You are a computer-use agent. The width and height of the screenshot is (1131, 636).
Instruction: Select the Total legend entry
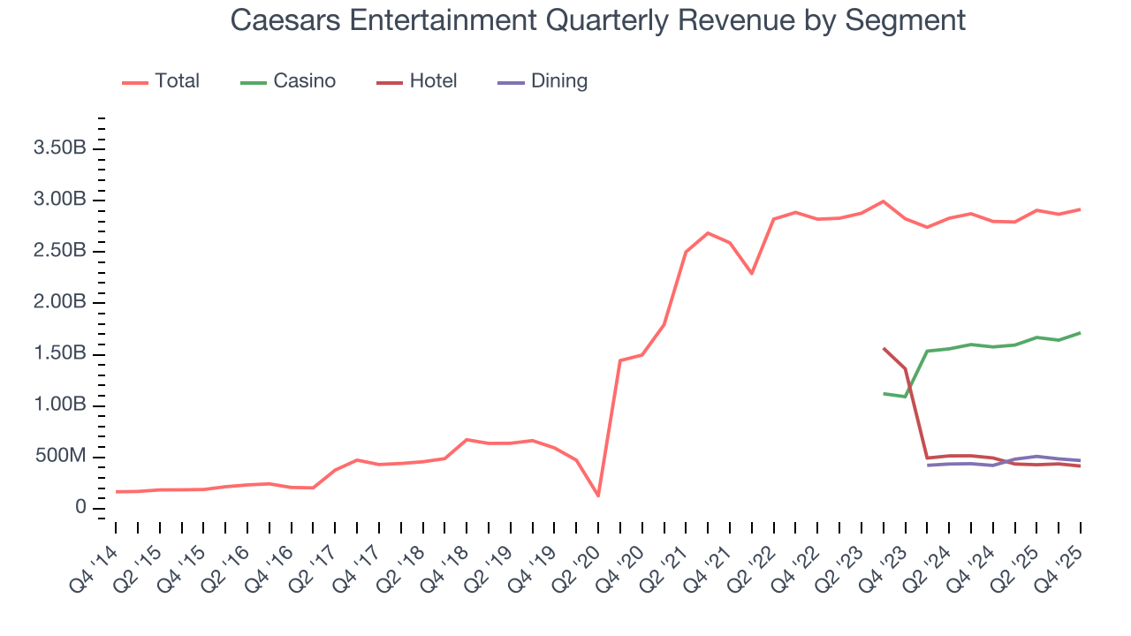(162, 81)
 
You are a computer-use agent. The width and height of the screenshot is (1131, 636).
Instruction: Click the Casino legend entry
(289, 81)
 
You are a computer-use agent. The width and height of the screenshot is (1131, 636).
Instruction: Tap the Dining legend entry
(543, 81)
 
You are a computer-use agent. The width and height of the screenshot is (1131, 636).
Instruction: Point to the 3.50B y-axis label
(59, 148)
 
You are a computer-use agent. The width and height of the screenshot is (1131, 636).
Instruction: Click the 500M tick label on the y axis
(59, 457)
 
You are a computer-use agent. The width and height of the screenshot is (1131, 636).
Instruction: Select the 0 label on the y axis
(80, 508)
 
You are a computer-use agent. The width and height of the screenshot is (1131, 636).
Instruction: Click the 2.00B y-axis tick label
(59, 303)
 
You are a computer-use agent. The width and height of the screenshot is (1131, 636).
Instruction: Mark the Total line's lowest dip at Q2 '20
(598, 496)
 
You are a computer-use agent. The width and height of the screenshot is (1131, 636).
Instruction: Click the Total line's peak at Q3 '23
(883, 201)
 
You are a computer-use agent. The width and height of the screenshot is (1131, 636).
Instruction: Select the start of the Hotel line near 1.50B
(884, 348)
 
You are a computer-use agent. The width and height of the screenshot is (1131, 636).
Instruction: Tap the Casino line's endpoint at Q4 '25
(1080, 333)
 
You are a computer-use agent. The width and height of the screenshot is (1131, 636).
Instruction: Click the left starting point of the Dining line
(927, 465)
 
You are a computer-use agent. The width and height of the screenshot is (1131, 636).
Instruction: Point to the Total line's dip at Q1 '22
(752, 273)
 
